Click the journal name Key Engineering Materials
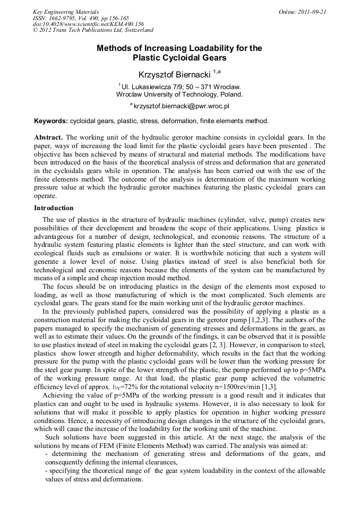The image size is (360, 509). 66,12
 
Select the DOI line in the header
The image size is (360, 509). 88,24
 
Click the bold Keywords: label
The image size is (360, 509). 51,121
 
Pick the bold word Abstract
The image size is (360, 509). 49,136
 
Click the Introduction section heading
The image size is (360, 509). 54,208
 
